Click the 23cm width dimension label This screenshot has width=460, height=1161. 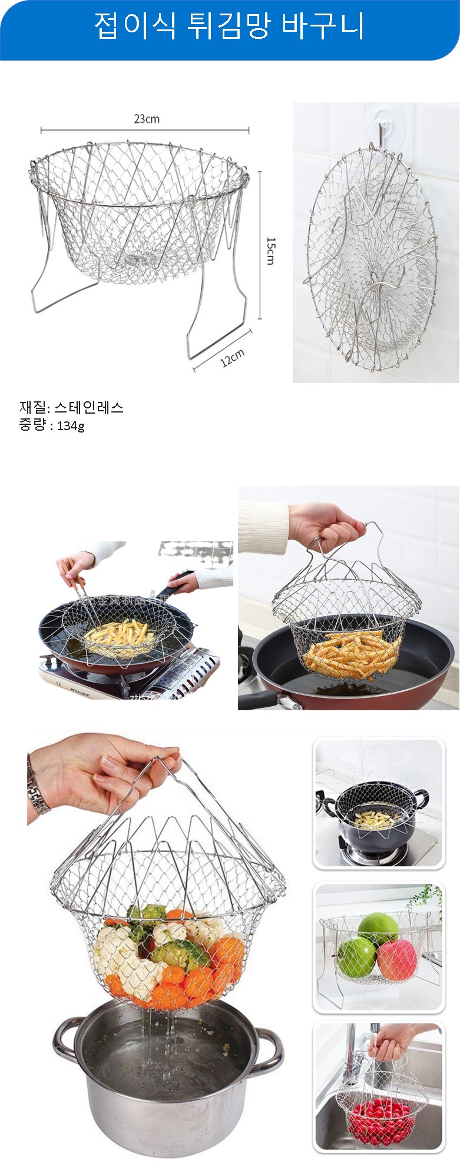147,119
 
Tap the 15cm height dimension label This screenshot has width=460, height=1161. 270,251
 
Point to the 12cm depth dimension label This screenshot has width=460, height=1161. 233,358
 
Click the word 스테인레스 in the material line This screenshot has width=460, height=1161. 89,407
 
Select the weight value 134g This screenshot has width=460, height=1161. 71,425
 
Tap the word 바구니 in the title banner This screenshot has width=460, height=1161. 323,26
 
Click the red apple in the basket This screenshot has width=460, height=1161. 396,959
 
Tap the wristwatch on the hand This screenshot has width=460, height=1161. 39,786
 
